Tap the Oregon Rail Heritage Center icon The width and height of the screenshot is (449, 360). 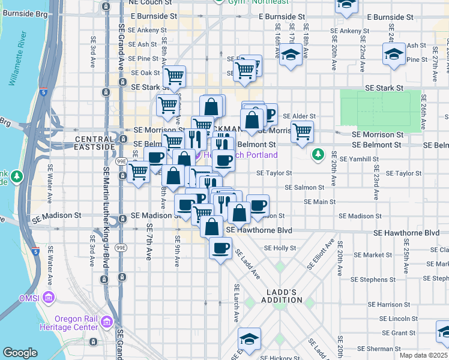point(107,322)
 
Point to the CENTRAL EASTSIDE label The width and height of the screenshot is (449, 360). point(95,143)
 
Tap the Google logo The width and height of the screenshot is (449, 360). point(20,353)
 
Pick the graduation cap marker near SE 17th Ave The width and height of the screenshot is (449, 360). point(291,56)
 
